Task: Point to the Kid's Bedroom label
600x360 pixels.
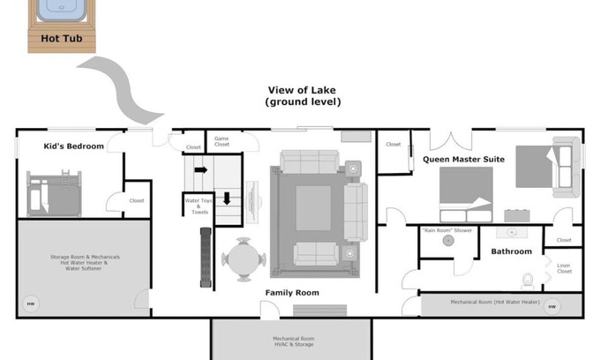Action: click(x=74, y=146)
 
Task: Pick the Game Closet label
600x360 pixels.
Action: click(x=221, y=141)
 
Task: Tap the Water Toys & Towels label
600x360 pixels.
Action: click(x=197, y=206)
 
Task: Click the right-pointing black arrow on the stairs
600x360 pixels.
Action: click(x=200, y=169)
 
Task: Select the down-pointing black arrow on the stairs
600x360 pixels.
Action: click(x=227, y=197)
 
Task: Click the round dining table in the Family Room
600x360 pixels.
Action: click(x=243, y=259)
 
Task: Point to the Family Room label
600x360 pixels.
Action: click(x=292, y=292)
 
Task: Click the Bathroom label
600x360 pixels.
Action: click(x=512, y=251)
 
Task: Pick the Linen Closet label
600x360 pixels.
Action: click(x=564, y=268)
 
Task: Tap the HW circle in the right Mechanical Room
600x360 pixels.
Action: click(x=551, y=307)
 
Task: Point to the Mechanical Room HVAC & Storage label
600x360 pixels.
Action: click(x=291, y=341)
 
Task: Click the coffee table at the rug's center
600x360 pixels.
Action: click(x=313, y=207)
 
